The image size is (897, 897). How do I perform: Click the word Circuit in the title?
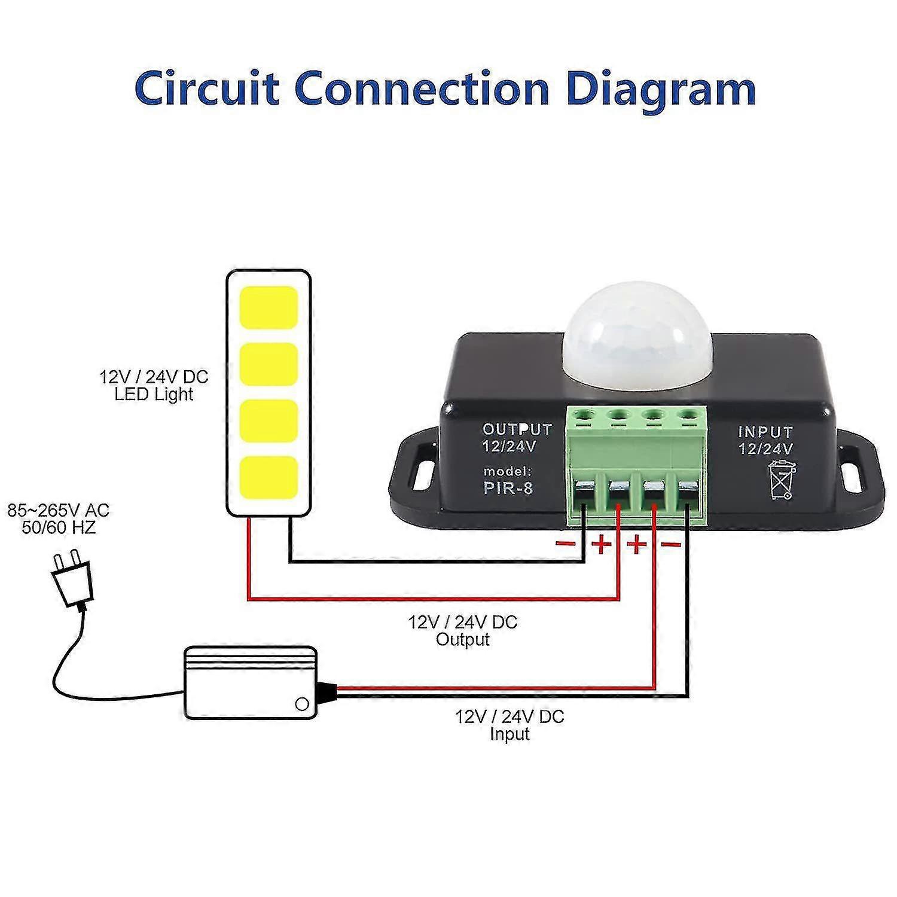click(x=207, y=89)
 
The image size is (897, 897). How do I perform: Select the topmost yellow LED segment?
click(x=269, y=307)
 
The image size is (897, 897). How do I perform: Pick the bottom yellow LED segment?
click(x=269, y=477)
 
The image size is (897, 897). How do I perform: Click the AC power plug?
click(x=72, y=580)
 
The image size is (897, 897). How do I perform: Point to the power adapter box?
click(x=251, y=682)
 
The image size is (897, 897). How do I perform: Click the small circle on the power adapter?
click(x=303, y=703)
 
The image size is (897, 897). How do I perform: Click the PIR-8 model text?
click(x=508, y=488)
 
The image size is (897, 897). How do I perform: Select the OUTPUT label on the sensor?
click(x=517, y=429)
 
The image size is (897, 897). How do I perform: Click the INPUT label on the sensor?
click(x=765, y=432)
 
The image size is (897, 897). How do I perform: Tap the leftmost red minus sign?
click(x=566, y=543)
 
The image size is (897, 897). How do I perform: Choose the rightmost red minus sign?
click(x=671, y=544)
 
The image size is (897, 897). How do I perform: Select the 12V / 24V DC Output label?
click(x=462, y=630)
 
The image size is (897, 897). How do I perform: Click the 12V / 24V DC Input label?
click(x=509, y=724)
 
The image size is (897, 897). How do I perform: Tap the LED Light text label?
click(x=154, y=394)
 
